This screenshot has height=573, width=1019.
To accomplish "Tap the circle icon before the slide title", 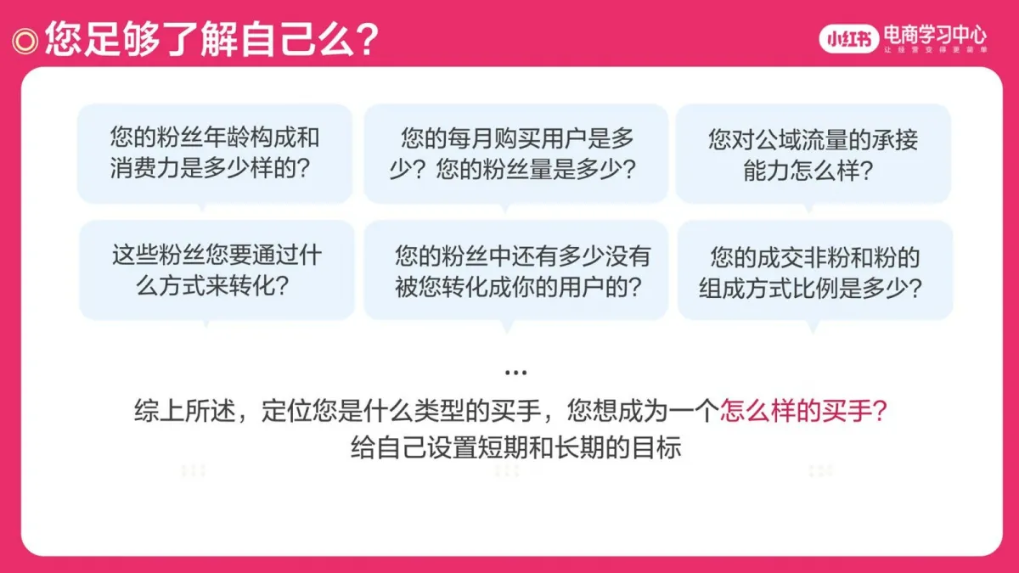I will tap(25, 39).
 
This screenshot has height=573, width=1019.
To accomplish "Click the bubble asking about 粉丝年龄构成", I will tap(214, 153).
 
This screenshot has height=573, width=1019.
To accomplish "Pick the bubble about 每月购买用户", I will tap(515, 153).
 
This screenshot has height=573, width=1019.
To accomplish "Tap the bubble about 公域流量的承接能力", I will tap(813, 153).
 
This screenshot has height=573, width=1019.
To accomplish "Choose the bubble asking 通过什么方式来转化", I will tap(217, 270).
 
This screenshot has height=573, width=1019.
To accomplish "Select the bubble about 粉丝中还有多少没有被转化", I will tap(515, 270).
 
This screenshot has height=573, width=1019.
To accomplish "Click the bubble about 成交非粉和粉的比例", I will tap(814, 270).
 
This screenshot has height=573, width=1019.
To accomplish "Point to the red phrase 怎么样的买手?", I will tap(803, 411).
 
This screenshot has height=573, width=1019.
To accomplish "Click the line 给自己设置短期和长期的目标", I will tap(515, 447).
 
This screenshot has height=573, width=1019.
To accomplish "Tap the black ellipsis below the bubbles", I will tap(515, 373).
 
